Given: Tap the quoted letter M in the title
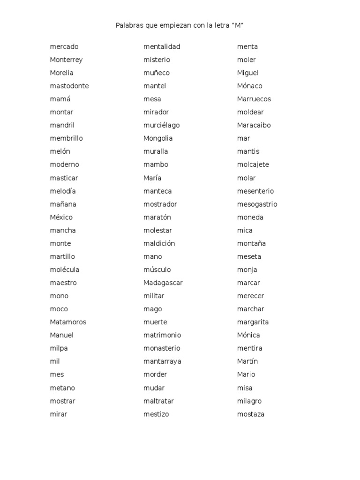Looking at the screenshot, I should click(239, 25).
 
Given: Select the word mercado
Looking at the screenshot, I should click(64, 46).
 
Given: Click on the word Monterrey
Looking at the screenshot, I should click(66, 60).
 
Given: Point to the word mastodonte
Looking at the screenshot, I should click(69, 86).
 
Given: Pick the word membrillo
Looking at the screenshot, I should click(66, 138).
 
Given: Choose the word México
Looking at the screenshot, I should click(61, 217).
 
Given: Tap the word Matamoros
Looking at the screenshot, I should click(68, 322).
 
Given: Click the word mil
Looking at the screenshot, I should click(55, 361).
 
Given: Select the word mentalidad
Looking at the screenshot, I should click(162, 46).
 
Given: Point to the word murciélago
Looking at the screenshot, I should click(161, 125).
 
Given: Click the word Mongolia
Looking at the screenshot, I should click(158, 138).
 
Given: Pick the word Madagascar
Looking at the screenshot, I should click(163, 283).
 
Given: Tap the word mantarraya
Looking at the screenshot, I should click(162, 361).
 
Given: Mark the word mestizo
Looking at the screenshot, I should click(156, 414).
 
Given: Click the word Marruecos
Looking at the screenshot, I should click(254, 99).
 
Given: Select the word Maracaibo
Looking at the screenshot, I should click(254, 125).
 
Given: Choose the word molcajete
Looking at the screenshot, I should click(253, 165).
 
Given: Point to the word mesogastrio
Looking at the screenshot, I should click(257, 204).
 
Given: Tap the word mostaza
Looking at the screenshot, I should click(251, 414).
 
